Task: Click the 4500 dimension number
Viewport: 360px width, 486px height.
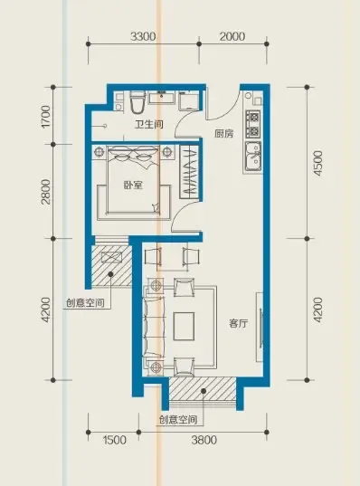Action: click(316, 159)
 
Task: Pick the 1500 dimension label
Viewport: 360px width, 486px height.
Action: click(114, 441)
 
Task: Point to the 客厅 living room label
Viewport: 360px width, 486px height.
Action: click(238, 323)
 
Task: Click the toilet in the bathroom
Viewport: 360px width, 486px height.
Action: click(136, 98)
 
